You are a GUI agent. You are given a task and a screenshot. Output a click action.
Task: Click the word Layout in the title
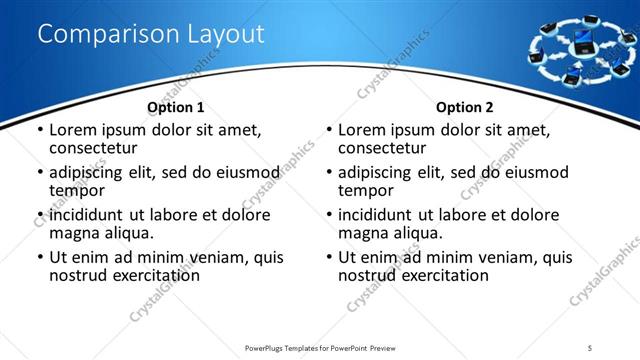[225, 34]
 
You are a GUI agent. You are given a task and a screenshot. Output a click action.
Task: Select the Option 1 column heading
[175, 107]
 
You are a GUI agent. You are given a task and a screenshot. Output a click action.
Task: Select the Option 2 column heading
[464, 107]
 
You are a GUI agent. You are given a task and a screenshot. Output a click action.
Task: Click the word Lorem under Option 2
[362, 130]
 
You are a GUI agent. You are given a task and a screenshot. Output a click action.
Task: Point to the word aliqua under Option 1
[129, 233]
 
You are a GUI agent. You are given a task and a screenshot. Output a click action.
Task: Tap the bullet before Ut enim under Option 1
[40, 258]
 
